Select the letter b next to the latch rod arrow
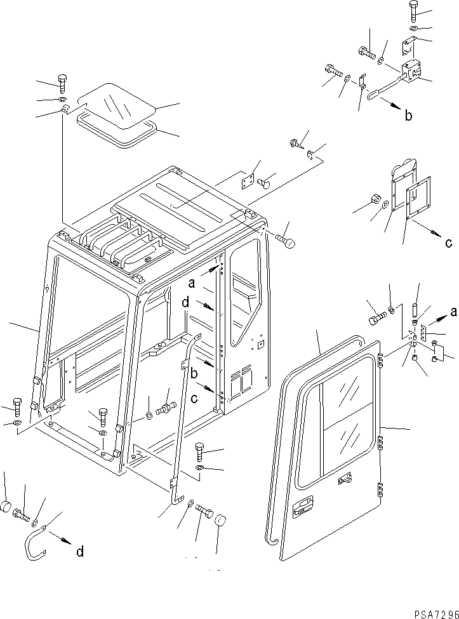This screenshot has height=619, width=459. (408, 116)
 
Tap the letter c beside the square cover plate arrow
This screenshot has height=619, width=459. (448, 242)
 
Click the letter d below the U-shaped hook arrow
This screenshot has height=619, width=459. (80, 552)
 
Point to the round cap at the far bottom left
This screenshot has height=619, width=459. (6, 508)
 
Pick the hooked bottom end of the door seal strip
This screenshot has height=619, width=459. (271, 540)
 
